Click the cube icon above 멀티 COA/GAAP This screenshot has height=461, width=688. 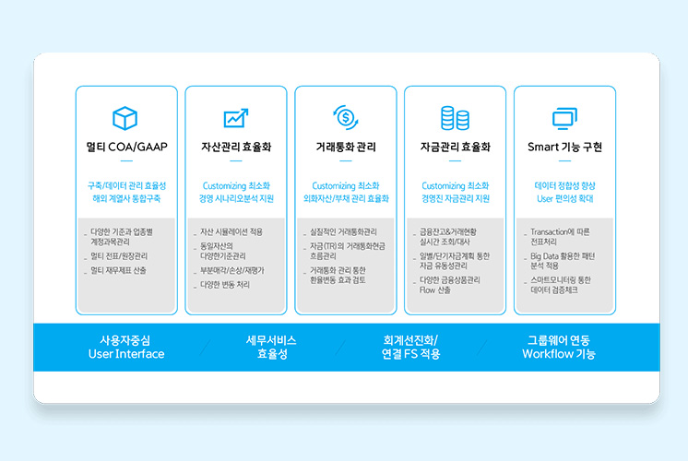coord(125,118)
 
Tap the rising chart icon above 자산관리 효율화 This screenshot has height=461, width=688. coord(236,118)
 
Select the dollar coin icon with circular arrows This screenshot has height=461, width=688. coord(346,117)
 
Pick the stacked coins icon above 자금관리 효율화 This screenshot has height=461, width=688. coord(455,118)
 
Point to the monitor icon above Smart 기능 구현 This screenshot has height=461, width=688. coord(564,118)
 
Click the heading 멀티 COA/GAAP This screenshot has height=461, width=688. coord(126,147)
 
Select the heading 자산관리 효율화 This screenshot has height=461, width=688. coord(236,147)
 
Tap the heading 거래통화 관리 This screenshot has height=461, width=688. coord(346,147)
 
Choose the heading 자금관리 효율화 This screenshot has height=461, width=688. coord(455,147)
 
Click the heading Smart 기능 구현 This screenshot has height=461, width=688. coord(564,147)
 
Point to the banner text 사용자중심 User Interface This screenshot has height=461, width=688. coord(126,347)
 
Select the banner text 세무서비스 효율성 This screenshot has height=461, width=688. coord(271,347)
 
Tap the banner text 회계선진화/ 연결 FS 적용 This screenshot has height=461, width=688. coord(410,347)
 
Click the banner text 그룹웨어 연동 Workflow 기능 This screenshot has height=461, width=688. coord(559,347)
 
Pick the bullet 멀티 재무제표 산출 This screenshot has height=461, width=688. coord(118,271)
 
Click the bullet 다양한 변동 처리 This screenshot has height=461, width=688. coord(225,285)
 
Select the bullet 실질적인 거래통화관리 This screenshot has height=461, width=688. coord(343,231)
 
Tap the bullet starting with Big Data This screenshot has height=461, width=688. coord(563,261)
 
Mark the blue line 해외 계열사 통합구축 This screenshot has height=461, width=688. coord(126,199)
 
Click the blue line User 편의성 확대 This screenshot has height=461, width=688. coord(564,199)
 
